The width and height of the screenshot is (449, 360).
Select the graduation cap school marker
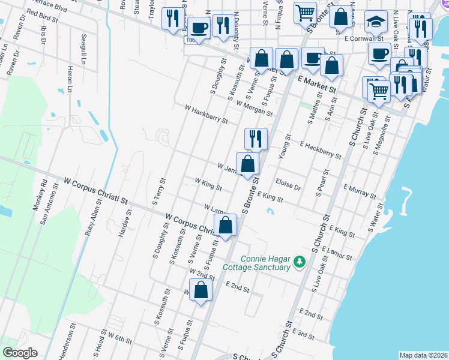click(x=376, y=22)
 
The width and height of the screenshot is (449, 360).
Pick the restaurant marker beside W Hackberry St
click(x=256, y=139)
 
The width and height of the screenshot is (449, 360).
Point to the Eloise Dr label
click(x=288, y=184)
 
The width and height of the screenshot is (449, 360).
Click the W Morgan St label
click(x=255, y=109)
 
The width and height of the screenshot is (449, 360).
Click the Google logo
click(x=20, y=353)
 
